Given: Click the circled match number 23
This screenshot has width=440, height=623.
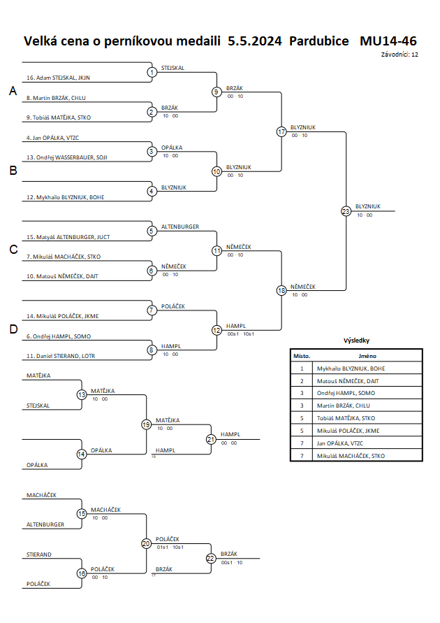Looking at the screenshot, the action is tap(346, 211).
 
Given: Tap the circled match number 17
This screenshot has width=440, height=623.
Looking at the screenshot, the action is tap(281, 132).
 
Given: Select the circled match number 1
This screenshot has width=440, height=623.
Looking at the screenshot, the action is tap(152, 72).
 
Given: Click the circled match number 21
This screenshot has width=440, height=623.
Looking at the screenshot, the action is tap(211, 439).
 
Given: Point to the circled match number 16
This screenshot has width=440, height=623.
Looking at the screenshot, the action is tap(81, 573).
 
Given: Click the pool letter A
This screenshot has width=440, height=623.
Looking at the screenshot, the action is tap(13, 91).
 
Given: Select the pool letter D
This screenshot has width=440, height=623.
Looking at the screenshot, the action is tap(13, 329).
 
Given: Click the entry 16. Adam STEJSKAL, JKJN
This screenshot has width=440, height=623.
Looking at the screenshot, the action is tap(59, 78).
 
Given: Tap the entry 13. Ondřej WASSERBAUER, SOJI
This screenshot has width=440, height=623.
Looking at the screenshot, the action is tap(66, 157).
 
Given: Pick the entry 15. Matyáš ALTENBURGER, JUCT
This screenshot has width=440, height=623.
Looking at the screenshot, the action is tap(68, 237).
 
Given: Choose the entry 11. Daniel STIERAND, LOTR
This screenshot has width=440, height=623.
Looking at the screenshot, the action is tap(61, 356).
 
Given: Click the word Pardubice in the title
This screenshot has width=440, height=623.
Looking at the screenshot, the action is tap(319, 41).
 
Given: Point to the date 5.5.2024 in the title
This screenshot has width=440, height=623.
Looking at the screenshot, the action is tap(255, 41).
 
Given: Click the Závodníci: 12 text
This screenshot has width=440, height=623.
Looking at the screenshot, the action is tap(399, 55).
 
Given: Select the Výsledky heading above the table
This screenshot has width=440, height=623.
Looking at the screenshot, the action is tap(356, 341).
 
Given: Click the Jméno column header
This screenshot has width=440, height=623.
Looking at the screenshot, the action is tap(367, 356).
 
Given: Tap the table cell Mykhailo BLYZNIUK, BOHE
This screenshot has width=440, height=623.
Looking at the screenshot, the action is tap(351, 368).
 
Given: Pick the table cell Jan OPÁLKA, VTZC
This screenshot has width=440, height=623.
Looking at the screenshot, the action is tap(340, 443).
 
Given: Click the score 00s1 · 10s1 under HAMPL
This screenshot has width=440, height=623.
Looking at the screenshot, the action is tap(241, 334).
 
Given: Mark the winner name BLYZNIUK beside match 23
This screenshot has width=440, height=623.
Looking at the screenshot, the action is tap(368, 206).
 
